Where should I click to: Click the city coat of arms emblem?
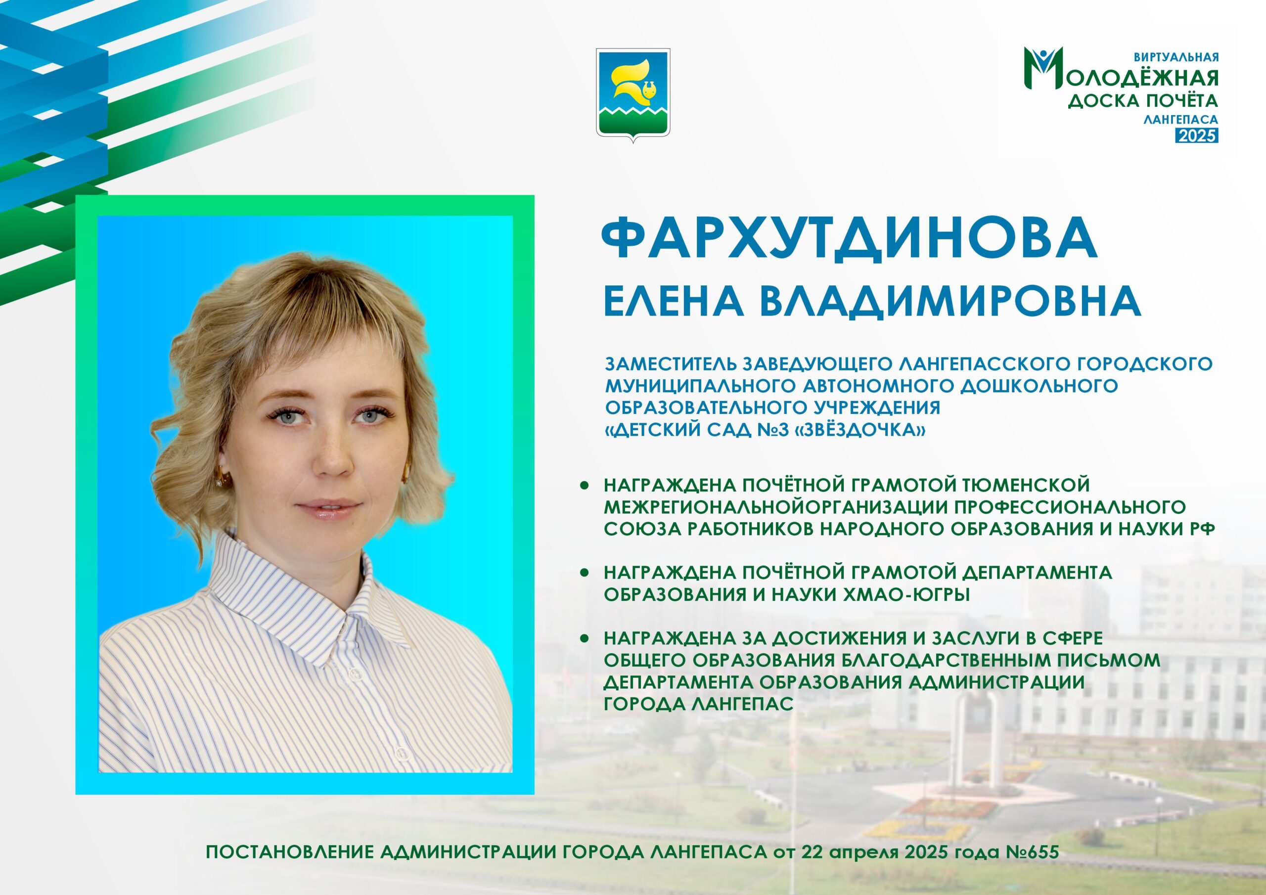633,95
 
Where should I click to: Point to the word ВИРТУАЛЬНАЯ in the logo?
1175,57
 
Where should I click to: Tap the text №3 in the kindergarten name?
765,430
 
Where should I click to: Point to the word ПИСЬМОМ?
1105,661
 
